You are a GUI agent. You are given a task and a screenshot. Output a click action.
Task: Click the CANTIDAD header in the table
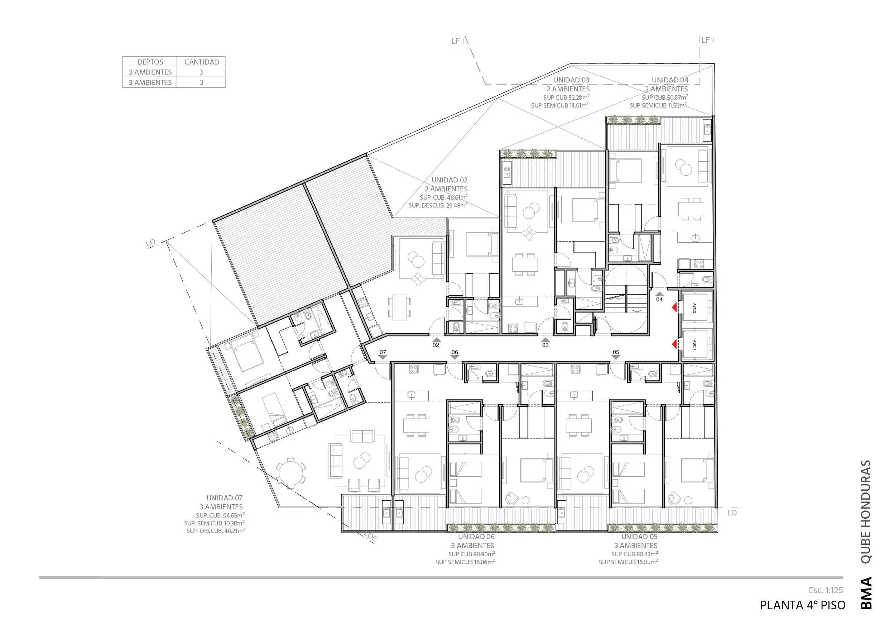pos(201,62)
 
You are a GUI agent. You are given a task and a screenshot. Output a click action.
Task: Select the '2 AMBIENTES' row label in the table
pos(150,72)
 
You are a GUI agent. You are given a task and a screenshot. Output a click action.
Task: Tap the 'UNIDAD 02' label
pos(449,180)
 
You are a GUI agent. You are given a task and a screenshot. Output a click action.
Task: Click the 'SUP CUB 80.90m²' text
pos(472,554)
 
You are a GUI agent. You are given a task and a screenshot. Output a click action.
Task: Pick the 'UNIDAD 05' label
pos(639,537)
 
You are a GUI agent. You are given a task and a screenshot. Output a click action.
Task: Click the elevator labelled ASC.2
pos(695,308)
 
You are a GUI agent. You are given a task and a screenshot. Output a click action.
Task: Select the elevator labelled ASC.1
pos(695,344)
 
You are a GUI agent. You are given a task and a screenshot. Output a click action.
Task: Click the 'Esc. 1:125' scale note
pos(826,590)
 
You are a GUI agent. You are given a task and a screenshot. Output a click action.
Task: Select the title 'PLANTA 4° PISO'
pos(803,605)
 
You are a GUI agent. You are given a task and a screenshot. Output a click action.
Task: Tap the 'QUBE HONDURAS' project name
pos(865,511)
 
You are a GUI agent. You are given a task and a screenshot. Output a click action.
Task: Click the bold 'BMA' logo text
pos(866,593)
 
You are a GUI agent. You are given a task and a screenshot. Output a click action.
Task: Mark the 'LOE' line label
pos(371,537)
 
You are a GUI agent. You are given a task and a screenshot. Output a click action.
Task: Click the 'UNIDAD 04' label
pos(670,80)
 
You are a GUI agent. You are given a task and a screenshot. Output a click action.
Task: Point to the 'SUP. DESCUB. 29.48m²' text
pos(438,205)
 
